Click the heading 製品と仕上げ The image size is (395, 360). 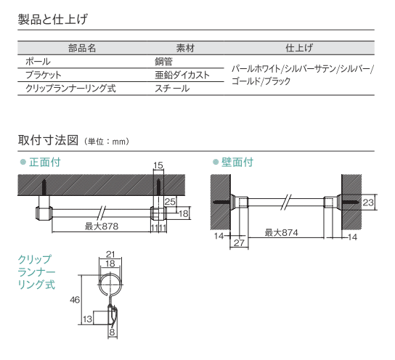53,19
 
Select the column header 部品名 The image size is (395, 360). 82,48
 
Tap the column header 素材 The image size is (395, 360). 185,48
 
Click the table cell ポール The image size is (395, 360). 38,62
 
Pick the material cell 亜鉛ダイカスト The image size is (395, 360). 182,75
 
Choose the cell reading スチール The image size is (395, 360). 172,89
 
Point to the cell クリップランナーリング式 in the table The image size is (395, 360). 70,89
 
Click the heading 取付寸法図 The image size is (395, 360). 48,140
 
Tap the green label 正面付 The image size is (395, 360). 45,162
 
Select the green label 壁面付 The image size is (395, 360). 237,162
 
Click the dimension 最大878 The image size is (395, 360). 102,226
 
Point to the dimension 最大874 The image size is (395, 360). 282,232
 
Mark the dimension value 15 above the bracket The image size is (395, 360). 158,165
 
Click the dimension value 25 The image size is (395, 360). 170,201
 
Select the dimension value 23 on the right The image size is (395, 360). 368,202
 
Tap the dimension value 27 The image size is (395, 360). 239,242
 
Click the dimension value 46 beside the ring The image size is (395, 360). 75,300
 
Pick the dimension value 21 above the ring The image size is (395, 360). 110,254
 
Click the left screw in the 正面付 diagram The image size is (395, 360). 44,187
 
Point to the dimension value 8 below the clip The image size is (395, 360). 112,332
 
